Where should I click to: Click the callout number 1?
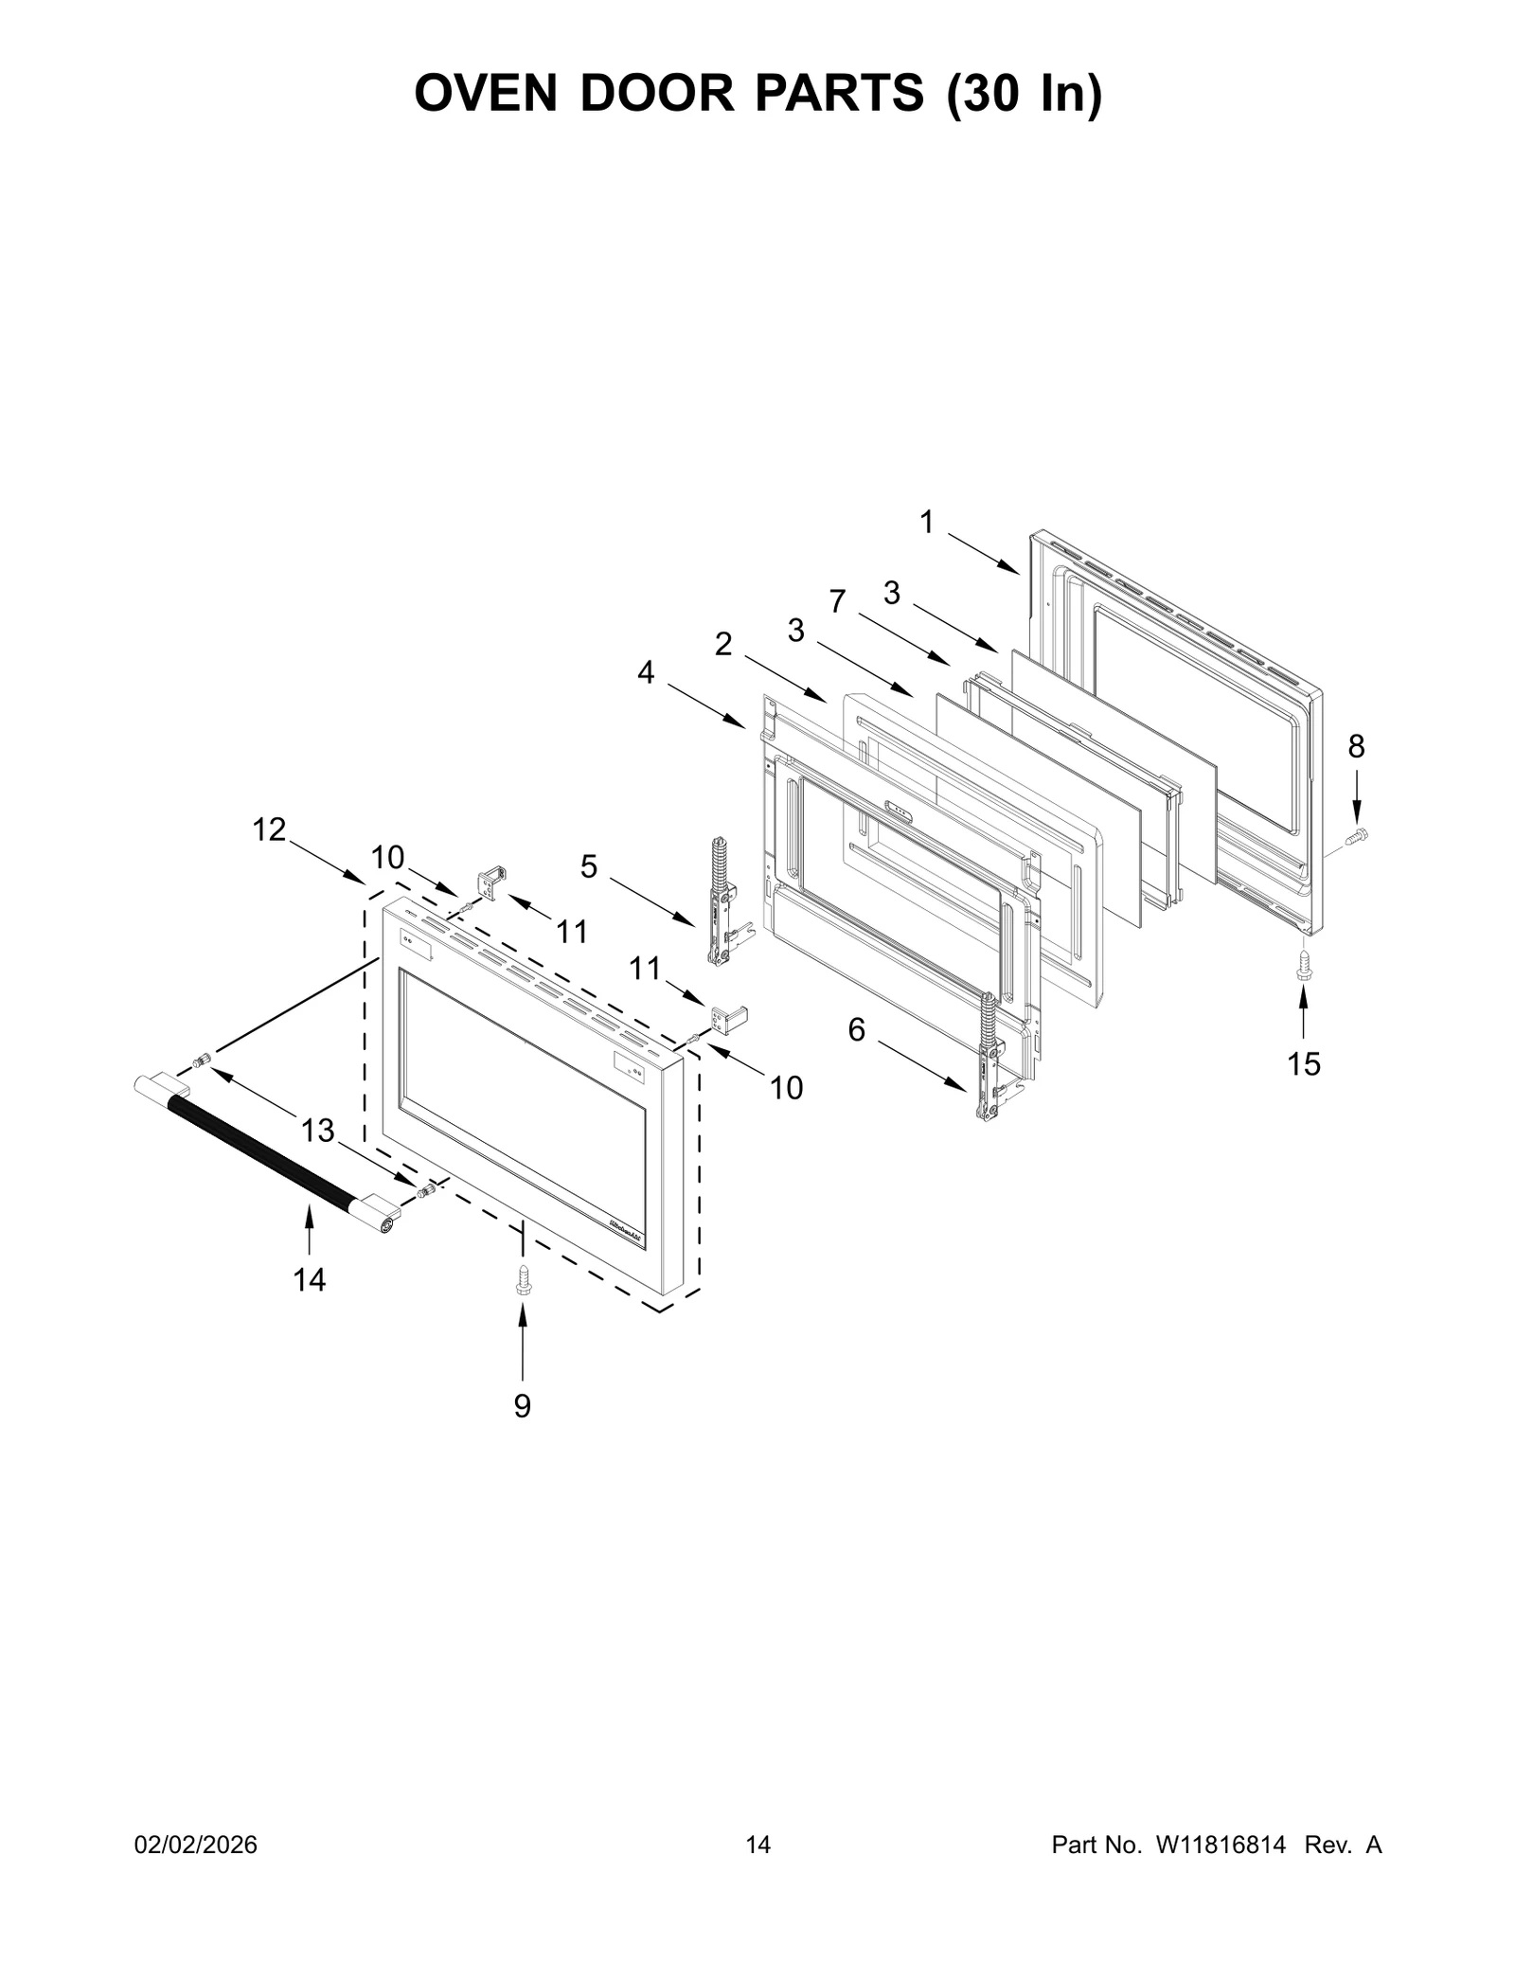coord(926,522)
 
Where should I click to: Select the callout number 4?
coord(646,672)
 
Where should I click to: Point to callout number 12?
coord(269,829)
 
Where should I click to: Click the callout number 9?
coord(522,1433)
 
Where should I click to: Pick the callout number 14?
coord(310,1280)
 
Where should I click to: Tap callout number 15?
coord(1304,1064)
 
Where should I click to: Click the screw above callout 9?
coord(522,1281)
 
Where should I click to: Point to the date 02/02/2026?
coord(195,1845)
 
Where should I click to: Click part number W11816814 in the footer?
coord(1221,1845)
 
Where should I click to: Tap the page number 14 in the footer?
coord(757,1845)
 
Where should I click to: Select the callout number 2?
coord(723,644)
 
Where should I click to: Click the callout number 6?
coord(856,1030)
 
